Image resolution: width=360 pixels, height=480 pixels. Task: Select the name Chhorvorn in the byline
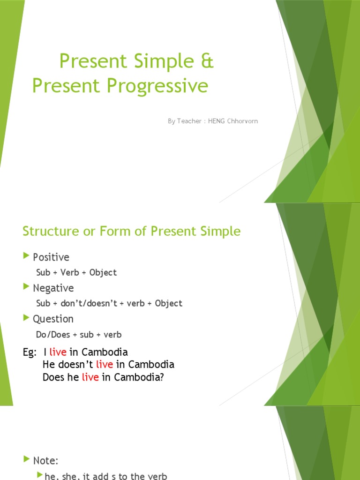240,121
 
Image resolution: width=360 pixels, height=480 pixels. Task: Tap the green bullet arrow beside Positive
26,256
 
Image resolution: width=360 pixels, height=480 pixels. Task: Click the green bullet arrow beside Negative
26,286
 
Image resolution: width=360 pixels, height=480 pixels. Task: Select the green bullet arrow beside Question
26,317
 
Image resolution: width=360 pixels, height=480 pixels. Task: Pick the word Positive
51,257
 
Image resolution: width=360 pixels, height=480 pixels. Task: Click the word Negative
53,288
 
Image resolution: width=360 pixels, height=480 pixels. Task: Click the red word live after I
58,352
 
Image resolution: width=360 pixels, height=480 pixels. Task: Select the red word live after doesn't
105,364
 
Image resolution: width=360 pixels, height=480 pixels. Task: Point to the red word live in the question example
90,377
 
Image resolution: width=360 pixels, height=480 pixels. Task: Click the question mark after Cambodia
162,377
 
